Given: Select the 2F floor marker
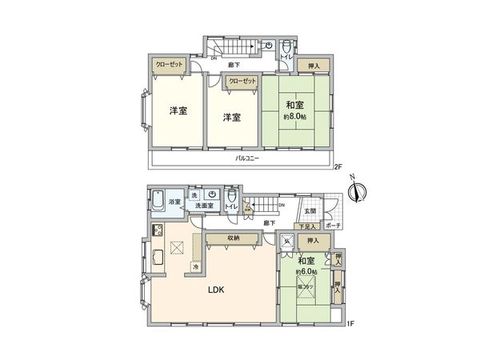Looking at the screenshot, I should coord(338,168).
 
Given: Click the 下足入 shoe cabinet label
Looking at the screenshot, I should coord(306,227).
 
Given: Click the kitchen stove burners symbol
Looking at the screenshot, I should coord(158,233).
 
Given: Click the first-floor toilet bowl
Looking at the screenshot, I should coord(231,196).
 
